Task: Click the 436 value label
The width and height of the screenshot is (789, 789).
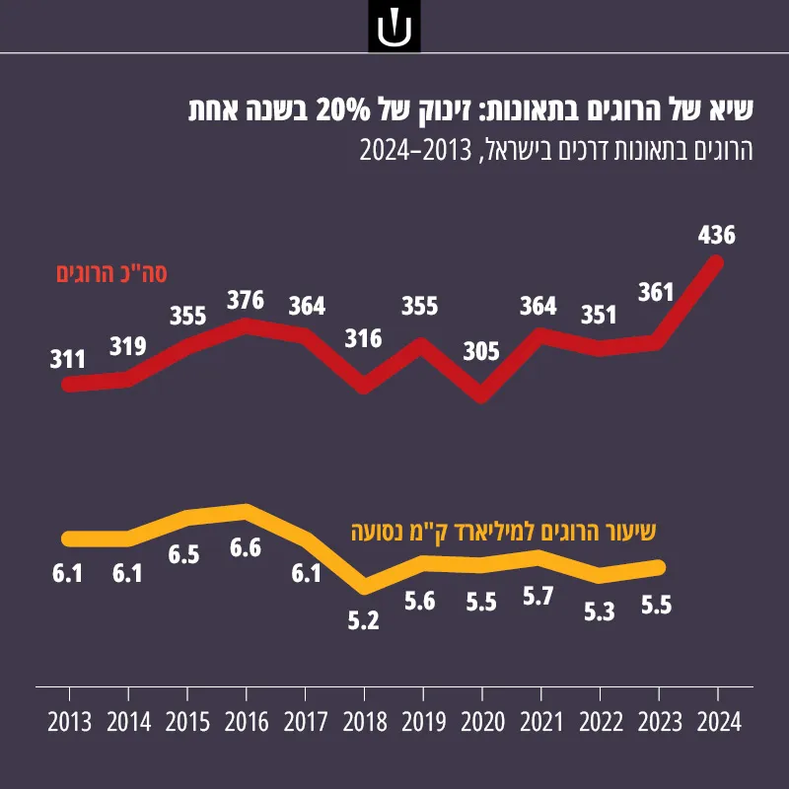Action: coord(717,235)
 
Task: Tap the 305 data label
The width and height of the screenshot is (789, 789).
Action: coord(481,351)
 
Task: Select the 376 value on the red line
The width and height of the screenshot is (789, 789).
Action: coord(246,301)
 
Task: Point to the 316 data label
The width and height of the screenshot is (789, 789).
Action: coord(363,338)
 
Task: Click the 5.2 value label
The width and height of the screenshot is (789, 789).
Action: coord(363,621)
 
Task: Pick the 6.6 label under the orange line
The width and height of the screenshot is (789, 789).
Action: coord(246,548)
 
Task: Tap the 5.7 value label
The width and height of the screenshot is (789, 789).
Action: coord(538,597)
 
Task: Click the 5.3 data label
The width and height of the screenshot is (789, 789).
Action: coord(600,611)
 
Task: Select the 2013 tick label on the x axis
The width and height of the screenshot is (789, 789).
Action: coord(70,723)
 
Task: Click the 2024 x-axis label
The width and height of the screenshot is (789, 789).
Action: coord(719,723)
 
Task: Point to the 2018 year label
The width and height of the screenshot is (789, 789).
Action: coord(365,723)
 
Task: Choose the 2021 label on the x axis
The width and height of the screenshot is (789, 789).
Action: coord(541,723)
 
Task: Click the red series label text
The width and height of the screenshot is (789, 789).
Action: coord(111,274)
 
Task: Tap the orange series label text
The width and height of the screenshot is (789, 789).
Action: coord(503,533)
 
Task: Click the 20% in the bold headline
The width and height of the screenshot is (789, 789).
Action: coord(343,110)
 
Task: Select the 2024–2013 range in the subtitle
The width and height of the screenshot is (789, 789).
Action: coord(415,150)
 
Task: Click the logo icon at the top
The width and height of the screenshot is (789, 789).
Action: coord(394,27)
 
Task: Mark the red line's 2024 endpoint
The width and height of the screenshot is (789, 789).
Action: coord(716,262)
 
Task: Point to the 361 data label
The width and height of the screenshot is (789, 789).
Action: coord(656,292)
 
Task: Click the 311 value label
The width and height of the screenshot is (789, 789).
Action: coord(67,360)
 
